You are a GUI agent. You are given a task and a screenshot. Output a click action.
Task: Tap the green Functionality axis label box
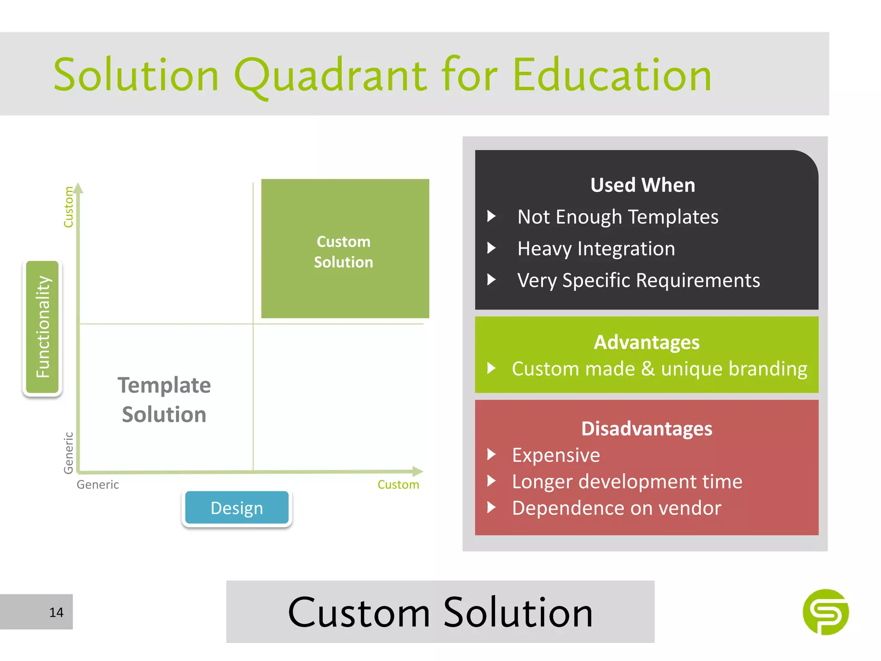42,327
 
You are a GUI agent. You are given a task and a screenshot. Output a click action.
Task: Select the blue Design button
237,508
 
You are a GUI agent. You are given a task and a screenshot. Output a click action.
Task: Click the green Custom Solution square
345,249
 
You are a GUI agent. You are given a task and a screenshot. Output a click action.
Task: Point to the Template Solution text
164,399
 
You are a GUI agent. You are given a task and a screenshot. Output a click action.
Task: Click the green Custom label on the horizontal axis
398,485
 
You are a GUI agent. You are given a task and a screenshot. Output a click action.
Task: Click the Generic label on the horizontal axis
98,485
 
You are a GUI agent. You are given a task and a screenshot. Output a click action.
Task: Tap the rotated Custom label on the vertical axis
68,207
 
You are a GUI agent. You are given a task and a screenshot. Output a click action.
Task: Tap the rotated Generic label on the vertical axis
68,453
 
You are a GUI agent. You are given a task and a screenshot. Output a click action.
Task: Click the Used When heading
643,185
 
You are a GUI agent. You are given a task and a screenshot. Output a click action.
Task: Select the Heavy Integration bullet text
596,249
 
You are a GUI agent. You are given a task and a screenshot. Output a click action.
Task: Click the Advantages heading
647,343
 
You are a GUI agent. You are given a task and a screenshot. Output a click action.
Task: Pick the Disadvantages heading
647,429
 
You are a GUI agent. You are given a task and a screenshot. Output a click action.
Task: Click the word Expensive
556,455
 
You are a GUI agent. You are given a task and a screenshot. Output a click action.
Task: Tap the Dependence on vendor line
616,508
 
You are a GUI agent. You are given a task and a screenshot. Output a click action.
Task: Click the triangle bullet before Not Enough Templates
491,216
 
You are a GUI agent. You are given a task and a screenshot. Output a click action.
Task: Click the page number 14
56,612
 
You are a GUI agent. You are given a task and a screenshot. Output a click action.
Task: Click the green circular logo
826,612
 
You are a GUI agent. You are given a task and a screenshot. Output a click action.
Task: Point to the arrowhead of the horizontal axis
418,471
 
